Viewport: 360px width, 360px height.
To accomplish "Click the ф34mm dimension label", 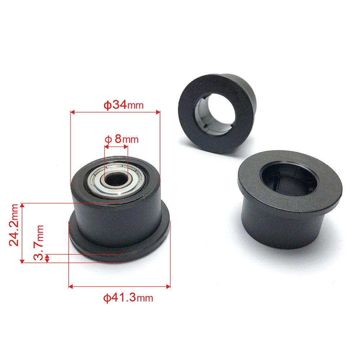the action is click(123, 105).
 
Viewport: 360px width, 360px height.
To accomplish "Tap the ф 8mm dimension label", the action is click(122, 139).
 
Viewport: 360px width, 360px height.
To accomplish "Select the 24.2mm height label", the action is click(14, 225).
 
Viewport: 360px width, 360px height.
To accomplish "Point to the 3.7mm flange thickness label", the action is click(38, 242).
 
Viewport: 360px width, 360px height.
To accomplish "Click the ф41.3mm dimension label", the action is click(128, 297).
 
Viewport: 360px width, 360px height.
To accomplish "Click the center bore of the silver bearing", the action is click(115, 179).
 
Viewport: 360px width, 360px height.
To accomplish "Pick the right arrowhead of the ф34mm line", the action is click(158, 112).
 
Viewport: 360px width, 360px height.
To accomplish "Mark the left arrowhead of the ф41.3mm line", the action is click(71, 286).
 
